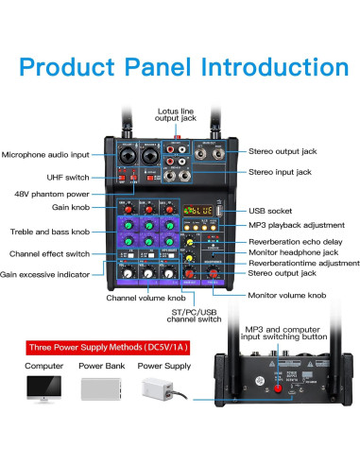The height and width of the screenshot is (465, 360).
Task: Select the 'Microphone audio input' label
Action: (x=45, y=154)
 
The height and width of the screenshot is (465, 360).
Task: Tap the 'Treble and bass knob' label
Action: (x=49, y=232)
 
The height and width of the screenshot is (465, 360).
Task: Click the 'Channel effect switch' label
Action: (x=49, y=253)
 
